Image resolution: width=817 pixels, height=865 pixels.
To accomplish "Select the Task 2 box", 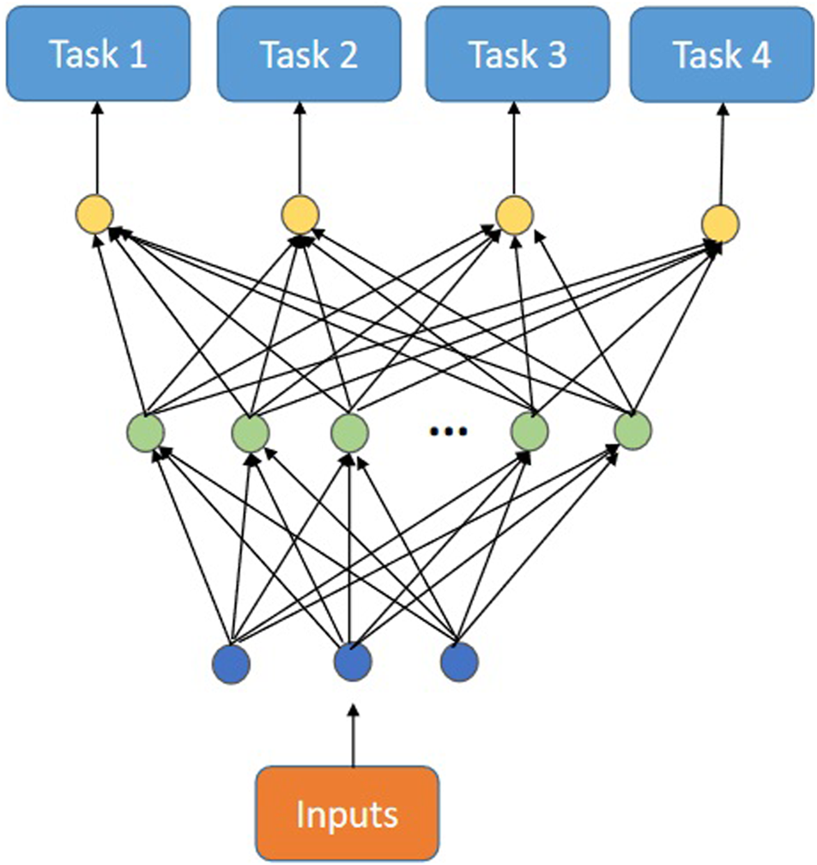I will [309, 53].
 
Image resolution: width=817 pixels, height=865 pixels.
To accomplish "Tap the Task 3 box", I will [517, 53].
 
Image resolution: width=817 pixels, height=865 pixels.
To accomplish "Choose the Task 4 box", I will [722, 53].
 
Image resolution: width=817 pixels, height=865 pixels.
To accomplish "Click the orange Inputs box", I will [348, 813].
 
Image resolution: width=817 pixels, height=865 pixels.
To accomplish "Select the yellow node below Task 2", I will [300, 215].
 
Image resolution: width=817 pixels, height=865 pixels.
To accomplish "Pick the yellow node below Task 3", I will [514, 215].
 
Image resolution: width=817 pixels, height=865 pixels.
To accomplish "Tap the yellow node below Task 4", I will [720, 223].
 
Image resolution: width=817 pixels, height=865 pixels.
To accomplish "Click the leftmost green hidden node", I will [145, 432].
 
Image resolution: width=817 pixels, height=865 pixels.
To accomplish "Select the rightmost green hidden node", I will [632, 431].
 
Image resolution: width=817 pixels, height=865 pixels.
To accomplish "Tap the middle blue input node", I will [352, 662].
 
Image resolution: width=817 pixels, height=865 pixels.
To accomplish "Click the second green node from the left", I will [250, 432].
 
